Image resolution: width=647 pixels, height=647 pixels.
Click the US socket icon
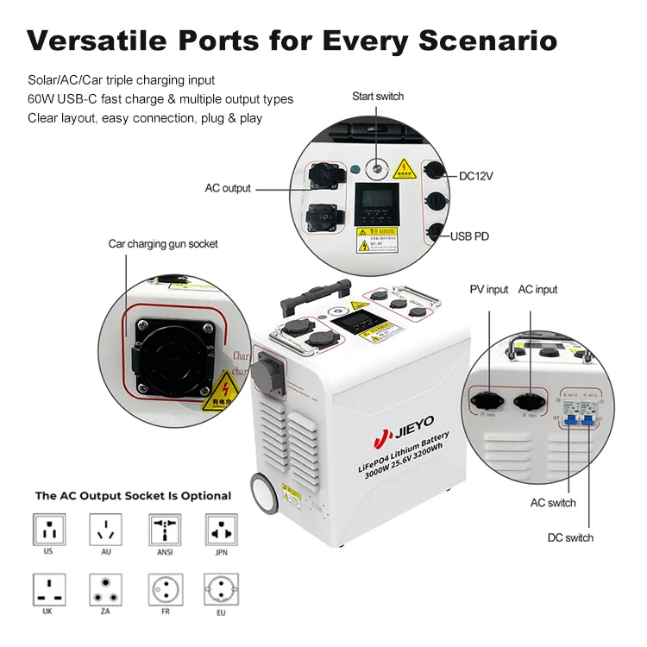click(48, 528)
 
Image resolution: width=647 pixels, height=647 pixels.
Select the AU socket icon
click(104, 528)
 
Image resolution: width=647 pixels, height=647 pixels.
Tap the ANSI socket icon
click(162, 528)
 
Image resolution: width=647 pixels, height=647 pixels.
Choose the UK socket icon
click(48, 589)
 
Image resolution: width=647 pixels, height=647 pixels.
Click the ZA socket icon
click(104, 589)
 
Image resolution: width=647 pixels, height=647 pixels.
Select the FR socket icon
click(162, 589)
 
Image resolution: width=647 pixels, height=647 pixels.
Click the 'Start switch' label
click(377, 97)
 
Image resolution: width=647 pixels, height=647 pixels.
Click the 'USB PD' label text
click(469, 236)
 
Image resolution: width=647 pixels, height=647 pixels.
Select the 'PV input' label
click(488, 290)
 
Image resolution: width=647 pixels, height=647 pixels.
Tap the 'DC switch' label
click(570, 537)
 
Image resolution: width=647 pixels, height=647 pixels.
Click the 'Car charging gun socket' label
click(163, 244)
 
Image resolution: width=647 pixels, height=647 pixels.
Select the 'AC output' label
click(228, 188)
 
